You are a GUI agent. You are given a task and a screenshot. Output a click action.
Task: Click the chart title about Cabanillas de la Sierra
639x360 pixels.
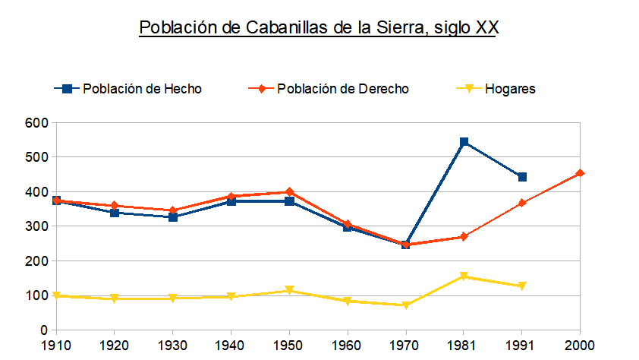pyautogui.click(x=319, y=28)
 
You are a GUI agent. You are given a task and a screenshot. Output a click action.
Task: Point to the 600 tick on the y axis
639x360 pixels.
pyautogui.click(x=36, y=122)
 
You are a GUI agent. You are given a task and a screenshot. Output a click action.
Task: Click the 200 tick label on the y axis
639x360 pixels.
pyautogui.click(x=36, y=261)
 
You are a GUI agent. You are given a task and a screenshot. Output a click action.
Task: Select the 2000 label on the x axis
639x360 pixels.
pyautogui.click(x=580, y=346)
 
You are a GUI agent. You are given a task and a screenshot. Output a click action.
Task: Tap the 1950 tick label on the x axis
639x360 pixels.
pyautogui.click(x=289, y=346)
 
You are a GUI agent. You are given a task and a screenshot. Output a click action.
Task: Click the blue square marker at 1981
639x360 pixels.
pyautogui.click(x=464, y=142)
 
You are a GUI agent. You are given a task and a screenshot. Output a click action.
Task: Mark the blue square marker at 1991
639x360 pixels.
pyautogui.click(x=522, y=177)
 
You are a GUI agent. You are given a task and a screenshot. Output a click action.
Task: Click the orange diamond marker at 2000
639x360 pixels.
pyautogui.click(x=581, y=173)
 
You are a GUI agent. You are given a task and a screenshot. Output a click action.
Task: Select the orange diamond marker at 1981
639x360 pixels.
pyautogui.click(x=464, y=237)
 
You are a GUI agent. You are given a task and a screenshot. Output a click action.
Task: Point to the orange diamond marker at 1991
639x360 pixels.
pyautogui.click(x=522, y=203)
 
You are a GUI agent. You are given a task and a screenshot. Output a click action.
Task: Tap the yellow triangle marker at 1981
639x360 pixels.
pyautogui.click(x=464, y=276)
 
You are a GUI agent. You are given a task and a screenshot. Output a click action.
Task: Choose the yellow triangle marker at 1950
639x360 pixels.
pyautogui.click(x=289, y=291)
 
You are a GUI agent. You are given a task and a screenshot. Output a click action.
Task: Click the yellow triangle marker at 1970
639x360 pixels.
pyautogui.click(x=406, y=305)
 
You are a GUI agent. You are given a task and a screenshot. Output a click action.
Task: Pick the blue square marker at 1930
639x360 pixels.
pyautogui.click(x=172, y=217)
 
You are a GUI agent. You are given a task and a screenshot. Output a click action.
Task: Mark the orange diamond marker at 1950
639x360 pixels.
pyautogui.click(x=289, y=192)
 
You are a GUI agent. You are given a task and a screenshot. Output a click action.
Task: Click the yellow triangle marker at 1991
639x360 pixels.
pyautogui.click(x=522, y=286)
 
